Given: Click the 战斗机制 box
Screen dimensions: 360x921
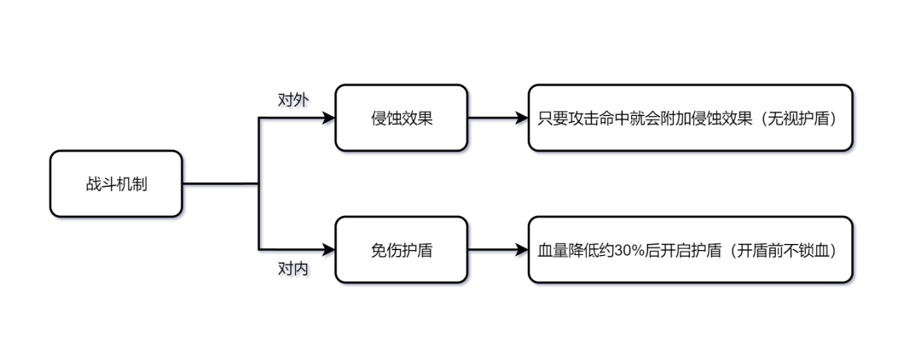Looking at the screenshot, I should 116,183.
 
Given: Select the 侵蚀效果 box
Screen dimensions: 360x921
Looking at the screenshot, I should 401,118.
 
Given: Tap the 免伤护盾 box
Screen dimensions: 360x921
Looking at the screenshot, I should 401,250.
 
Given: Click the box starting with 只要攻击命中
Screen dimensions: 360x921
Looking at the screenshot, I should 690,118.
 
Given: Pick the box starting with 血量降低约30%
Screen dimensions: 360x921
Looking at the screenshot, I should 690,250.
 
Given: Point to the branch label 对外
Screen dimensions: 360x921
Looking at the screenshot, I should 293,99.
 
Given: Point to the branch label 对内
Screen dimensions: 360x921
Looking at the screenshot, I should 293,270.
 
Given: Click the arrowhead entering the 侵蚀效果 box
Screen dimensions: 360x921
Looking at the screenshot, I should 329,118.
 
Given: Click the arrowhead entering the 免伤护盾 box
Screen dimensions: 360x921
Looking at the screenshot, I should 329,250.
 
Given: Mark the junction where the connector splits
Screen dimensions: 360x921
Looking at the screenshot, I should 258,183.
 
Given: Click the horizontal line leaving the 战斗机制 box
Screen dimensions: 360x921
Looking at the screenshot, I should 220,183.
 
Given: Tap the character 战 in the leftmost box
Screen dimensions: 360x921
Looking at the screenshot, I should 93,184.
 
